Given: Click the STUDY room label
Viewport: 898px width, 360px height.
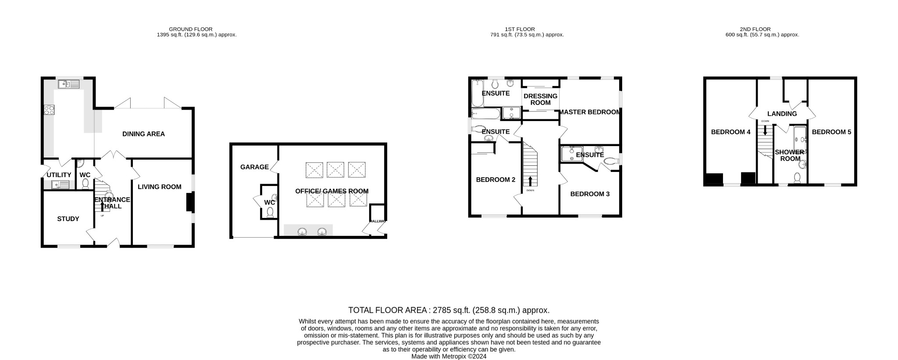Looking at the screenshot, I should pyautogui.click(x=68, y=219).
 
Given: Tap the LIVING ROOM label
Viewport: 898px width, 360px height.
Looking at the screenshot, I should pyautogui.click(x=159, y=187).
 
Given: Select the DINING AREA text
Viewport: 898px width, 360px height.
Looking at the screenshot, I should pyautogui.click(x=143, y=134).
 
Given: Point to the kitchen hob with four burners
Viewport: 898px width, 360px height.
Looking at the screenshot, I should pyautogui.click(x=49, y=110).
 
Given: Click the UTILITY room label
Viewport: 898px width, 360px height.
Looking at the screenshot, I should pyautogui.click(x=59, y=175).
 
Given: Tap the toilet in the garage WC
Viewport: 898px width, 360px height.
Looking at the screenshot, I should pyautogui.click(x=270, y=212).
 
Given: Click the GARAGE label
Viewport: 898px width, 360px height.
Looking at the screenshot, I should pyautogui.click(x=254, y=167).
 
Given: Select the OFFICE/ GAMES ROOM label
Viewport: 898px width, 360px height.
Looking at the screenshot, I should pyautogui.click(x=331, y=191).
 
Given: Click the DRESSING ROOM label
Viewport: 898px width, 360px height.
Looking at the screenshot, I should pyautogui.click(x=540, y=99).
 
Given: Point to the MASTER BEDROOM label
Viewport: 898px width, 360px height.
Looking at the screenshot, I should pyautogui.click(x=590, y=112).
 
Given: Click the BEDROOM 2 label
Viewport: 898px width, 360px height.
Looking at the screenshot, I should pyautogui.click(x=495, y=180).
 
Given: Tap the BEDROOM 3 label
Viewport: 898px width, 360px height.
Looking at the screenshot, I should pyautogui.click(x=590, y=194).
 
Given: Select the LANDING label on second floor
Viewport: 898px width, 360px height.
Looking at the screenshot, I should pyautogui.click(x=782, y=114).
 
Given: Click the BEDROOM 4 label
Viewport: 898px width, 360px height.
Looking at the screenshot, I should pyautogui.click(x=731, y=132).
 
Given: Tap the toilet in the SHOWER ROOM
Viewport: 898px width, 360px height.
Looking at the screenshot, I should pyautogui.click(x=797, y=178).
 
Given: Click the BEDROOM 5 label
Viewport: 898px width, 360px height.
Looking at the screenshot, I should pyautogui.click(x=831, y=132).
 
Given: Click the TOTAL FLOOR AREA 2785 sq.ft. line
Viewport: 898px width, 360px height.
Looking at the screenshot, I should pyautogui.click(x=449, y=310).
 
